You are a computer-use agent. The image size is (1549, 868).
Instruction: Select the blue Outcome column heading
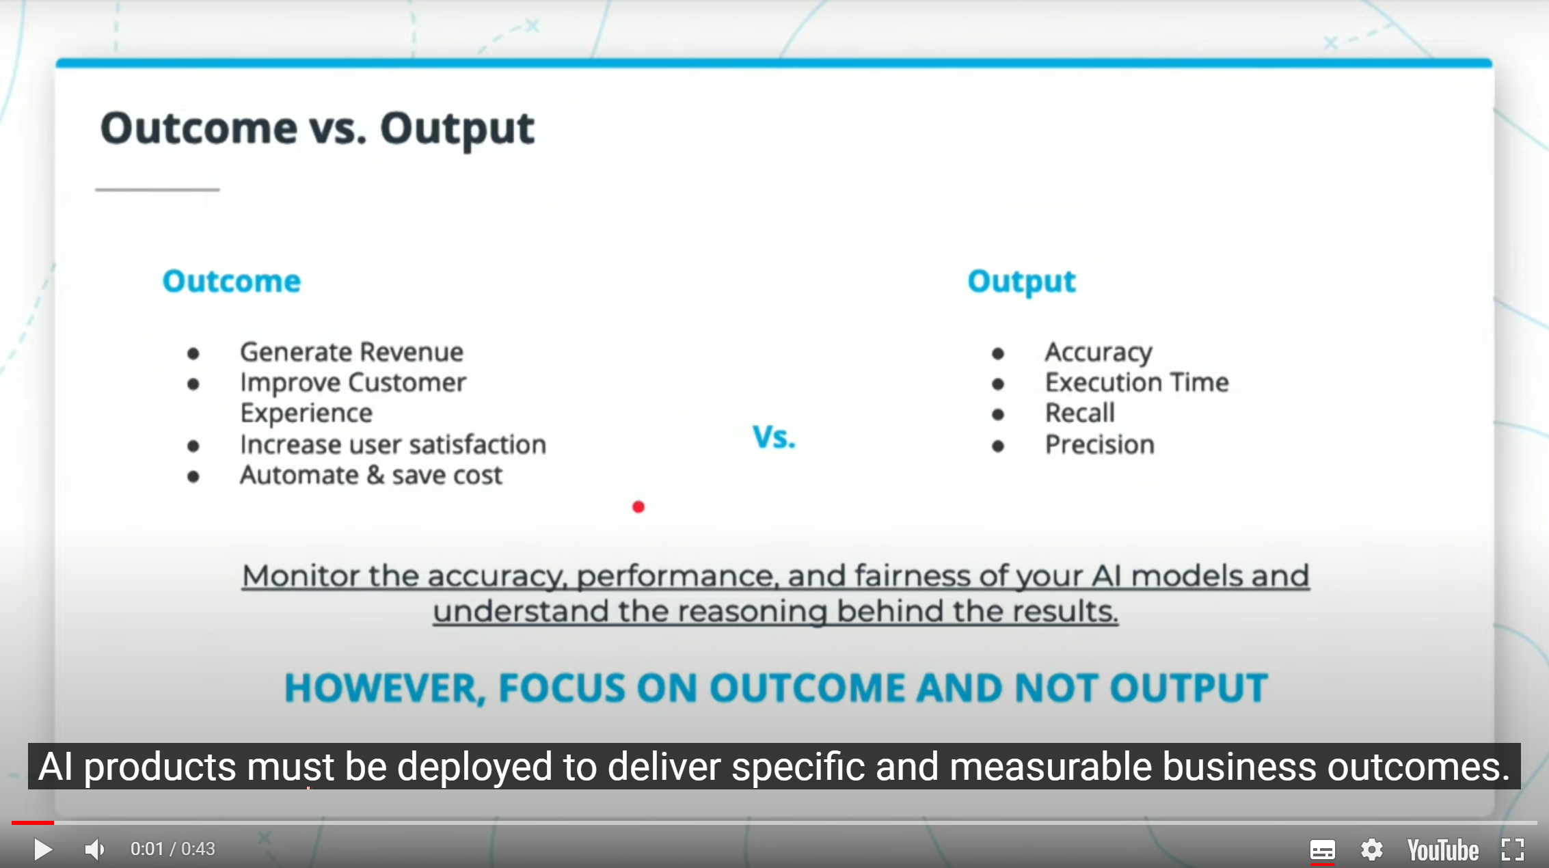click(232, 282)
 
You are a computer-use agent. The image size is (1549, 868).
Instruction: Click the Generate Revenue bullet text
click(351, 352)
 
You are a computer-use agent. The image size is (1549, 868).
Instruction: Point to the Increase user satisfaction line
click(393, 444)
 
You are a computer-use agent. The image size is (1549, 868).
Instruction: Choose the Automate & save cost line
click(371, 475)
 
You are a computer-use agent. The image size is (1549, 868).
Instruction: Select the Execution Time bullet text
click(1137, 383)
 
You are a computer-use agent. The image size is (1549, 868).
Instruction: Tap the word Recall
click(1080, 413)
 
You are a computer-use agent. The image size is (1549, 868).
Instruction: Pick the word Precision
click(1100, 444)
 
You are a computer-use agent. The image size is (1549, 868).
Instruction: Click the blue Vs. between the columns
click(774, 437)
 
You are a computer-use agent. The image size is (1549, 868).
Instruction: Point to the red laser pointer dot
click(638, 507)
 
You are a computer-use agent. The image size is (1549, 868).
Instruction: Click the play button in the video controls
click(42, 850)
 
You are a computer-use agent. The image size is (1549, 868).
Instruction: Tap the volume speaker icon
click(95, 850)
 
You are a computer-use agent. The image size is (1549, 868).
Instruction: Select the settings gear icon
click(1371, 850)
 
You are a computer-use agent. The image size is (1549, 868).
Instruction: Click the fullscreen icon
click(1513, 850)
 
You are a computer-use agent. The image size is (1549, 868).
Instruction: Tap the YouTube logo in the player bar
click(1442, 850)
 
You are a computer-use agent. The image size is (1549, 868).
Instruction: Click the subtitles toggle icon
click(1322, 850)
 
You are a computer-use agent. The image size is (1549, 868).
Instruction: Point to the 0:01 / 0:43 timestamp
click(173, 849)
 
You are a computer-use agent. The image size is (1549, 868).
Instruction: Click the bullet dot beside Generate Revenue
click(193, 353)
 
